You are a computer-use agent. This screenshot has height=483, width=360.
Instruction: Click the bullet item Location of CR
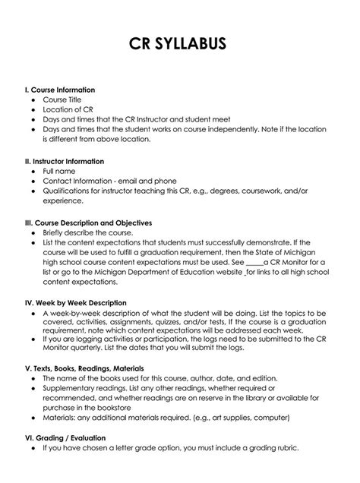[68, 109]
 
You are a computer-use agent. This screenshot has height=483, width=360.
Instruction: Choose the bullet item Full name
[59, 172]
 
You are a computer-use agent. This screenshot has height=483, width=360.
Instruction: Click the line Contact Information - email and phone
[109, 182]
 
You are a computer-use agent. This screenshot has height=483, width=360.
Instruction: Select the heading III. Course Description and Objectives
[89, 223]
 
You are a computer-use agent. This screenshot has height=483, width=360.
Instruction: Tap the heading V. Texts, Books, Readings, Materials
[89, 368]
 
